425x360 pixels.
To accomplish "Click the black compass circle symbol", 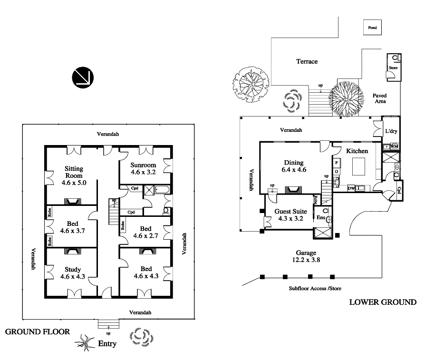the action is coord(83,78).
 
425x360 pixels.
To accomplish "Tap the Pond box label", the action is coord(372,28).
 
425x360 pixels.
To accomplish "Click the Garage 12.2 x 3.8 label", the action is coord(306,256).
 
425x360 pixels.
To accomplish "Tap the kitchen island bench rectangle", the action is coord(358,167).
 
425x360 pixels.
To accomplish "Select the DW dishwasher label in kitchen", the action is coord(351,188).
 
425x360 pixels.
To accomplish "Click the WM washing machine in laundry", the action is coord(394,146).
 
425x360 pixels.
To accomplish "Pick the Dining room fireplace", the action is coord(293,190).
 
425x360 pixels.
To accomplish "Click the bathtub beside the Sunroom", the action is coord(163,189).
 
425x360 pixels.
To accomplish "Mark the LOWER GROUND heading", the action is coord(383,302).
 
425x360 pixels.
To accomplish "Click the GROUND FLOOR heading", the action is coord(38,331).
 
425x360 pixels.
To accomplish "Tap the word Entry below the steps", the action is coord(107,344).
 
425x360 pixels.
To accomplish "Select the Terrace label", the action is coord(307,61).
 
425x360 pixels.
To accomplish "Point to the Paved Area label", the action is coord(380,98).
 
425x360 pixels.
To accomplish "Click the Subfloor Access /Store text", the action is coord(315,289).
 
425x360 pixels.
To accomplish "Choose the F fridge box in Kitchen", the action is coord(337,163).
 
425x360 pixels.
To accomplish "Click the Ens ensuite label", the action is coord(320,217).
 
